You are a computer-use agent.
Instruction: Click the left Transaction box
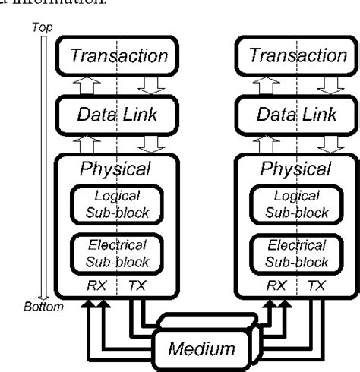(x=119, y=55)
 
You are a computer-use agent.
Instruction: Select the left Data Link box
(x=119, y=115)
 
